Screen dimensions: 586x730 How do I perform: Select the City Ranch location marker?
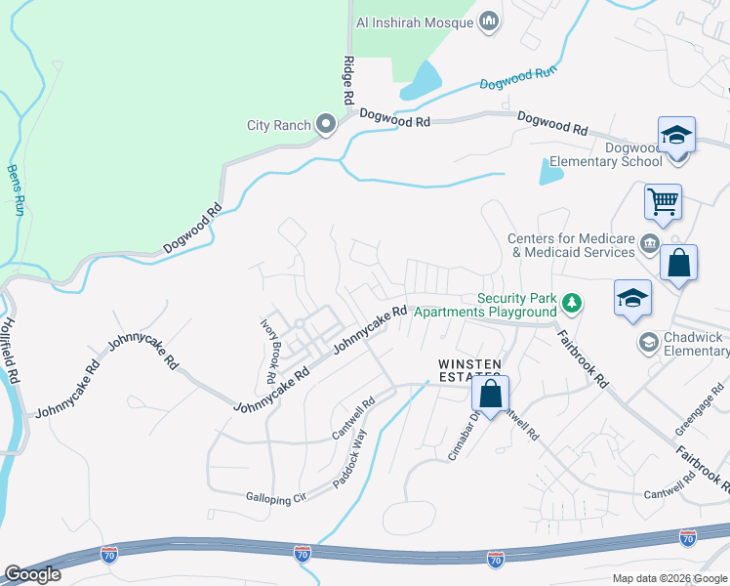tap(325, 125)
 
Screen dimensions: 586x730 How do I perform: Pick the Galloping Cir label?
tap(275, 498)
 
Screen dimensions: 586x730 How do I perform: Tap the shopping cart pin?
tap(663, 202)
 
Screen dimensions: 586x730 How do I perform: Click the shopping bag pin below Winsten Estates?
tap(491, 395)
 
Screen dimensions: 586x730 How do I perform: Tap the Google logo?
tap(32, 574)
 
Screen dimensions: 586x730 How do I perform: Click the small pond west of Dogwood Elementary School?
tap(550, 173)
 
